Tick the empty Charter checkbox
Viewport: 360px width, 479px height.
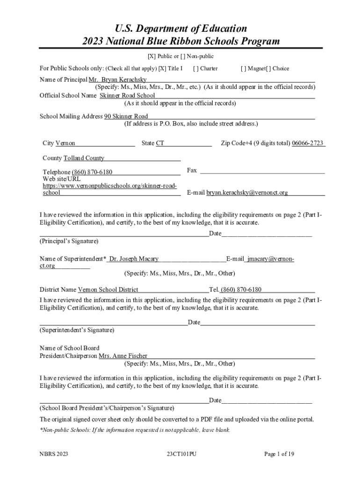pyautogui.click(x=195, y=68)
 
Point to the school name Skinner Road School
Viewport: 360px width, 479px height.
pyautogui.click(x=127, y=95)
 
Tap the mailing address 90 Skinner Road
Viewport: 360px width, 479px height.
pyautogui.click(x=126, y=116)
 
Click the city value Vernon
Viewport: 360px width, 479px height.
pyautogui.click(x=65, y=143)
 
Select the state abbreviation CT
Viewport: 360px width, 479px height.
pyautogui.click(x=160, y=143)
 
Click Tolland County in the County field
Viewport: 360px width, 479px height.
pyautogui.click(x=84, y=158)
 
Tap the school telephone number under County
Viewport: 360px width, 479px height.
pyautogui.click(x=92, y=172)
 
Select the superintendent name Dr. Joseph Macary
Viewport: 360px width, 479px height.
pyautogui.click(x=133, y=259)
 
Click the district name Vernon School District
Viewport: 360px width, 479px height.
pyautogui.click(x=108, y=290)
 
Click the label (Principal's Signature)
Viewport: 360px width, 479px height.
pyautogui.click(x=69, y=241)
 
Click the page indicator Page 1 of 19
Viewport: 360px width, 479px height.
pyautogui.click(x=279, y=454)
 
